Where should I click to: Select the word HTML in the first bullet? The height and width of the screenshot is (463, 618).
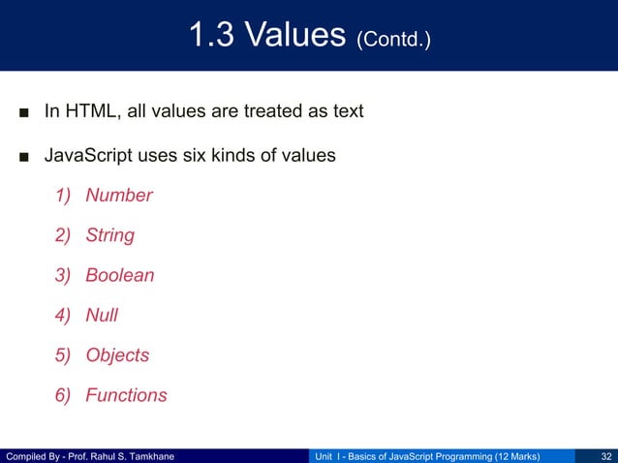[91, 111]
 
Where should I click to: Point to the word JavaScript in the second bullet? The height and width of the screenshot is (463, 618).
[89, 155]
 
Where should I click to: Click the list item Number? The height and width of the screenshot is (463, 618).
[119, 196]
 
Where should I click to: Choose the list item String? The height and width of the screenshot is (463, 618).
[109, 235]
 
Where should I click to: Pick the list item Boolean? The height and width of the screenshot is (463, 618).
[120, 275]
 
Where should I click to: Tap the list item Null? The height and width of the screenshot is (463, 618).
[102, 315]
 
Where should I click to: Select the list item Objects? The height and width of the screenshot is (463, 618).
[117, 355]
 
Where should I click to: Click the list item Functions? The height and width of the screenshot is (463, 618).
[126, 395]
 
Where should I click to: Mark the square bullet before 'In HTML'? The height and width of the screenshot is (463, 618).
[22, 112]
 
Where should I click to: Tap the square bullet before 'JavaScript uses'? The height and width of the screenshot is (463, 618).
[22, 156]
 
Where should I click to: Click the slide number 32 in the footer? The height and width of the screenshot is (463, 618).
[605, 455]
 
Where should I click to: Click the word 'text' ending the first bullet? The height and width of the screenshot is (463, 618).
[346, 111]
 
